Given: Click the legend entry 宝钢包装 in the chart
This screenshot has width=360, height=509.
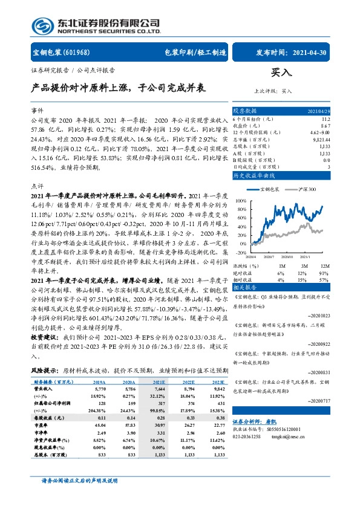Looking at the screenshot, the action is [268, 189].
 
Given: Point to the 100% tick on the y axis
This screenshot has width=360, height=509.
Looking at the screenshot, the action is [240, 200].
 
